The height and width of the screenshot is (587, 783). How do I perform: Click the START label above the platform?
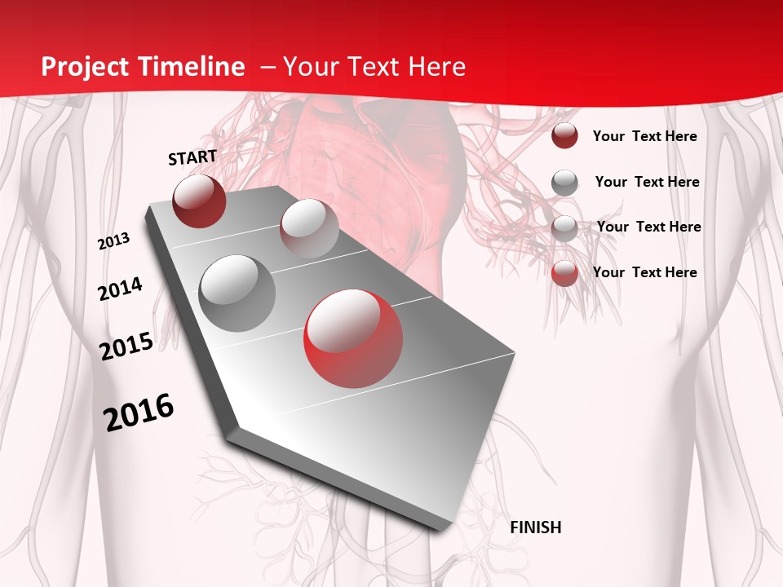(192, 157)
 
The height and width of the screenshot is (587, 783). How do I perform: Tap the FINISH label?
(535, 527)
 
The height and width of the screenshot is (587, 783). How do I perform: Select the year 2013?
(114, 241)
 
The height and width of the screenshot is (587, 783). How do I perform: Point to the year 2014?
(121, 289)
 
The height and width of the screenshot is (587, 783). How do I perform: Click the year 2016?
(139, 413)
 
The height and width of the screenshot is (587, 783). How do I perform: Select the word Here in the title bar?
(437, 67)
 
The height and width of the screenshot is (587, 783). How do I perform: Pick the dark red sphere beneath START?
(199, 201)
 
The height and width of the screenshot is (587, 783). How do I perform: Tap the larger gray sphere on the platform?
(237, 293)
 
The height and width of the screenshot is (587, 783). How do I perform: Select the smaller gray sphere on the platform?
(308, 227)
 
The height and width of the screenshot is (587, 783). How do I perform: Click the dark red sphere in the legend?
(564, 136)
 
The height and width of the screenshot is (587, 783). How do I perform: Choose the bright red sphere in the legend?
(564, 273)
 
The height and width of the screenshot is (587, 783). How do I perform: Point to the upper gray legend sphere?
(564, 183)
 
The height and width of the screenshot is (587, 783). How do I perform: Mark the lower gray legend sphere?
(564, 227)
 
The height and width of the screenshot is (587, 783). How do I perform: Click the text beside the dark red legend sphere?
(644, 136)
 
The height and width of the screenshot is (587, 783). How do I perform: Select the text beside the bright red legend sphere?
(644, 272)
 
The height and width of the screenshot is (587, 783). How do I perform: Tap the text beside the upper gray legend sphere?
(647, 182)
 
